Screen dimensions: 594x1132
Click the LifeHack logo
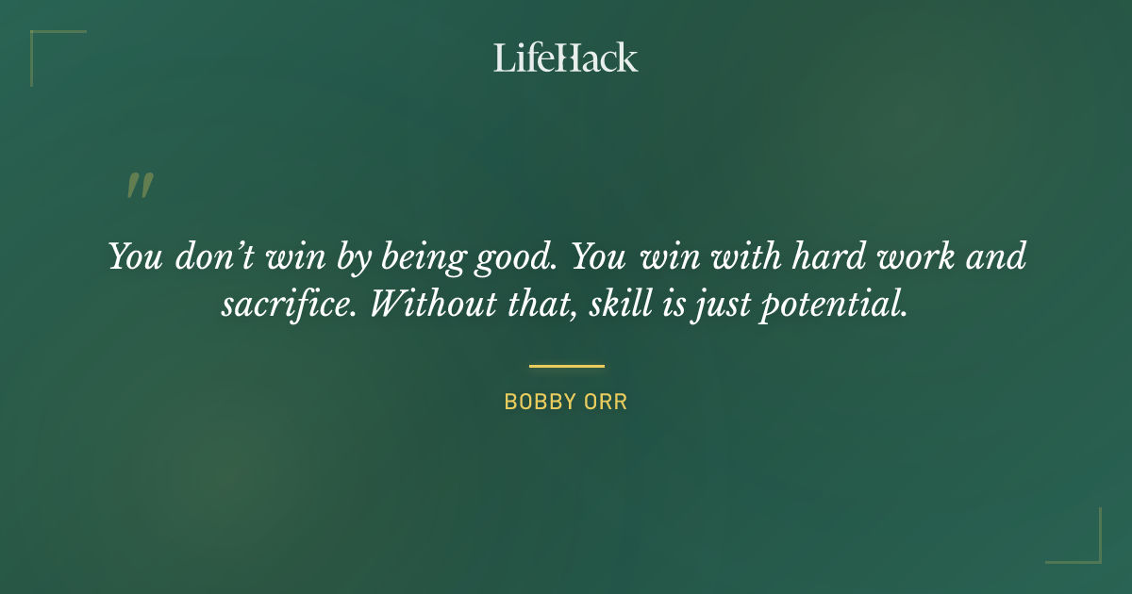pyautogui.click(x=565, y=58)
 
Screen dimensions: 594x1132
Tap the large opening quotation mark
pyautogui.click(x=139, y=186)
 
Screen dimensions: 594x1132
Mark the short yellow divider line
pyautogui.click(x=566, y=366)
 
